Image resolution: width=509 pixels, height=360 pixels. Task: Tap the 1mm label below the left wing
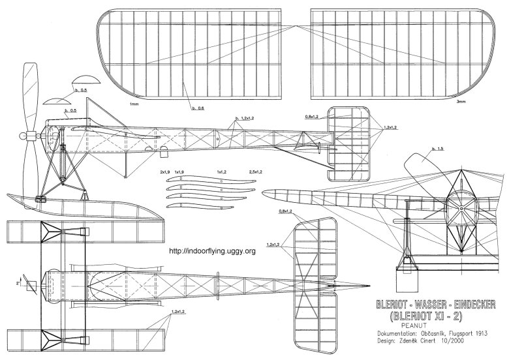tap(134, 104)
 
